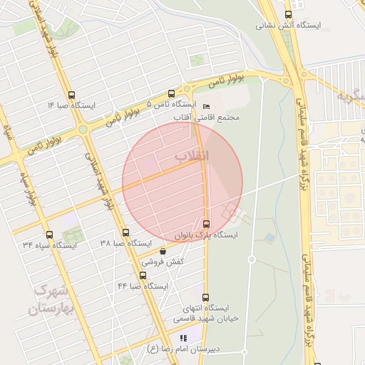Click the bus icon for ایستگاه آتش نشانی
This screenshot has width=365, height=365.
pyautogui.click(x=288, y=14)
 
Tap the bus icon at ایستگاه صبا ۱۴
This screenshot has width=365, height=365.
pyautogui.click(x=70, y=95)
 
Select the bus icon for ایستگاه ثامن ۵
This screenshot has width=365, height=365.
pyautogui.click(x=170, y=93)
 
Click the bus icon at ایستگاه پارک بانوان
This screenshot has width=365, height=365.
pyautogui.click(x=207, y=223)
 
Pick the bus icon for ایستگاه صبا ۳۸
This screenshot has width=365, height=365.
pyautogui.click(x=125, y=232)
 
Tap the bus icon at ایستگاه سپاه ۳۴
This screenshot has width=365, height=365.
pyautogui.click(x=49, y=235)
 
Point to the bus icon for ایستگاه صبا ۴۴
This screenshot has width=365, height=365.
pyautogui.click(x=143, y=275)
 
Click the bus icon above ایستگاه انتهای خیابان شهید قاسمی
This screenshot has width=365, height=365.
pyautogui.click(x=205, y=297)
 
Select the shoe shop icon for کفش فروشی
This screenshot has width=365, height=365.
pyautogui.click(x=163, y=251)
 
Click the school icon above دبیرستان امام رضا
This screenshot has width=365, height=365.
pyautogui.click(x=183, y=338)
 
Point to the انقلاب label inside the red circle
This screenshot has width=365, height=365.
pyautogui.click(x=192, y=155)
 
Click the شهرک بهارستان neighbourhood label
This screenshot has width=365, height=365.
pyautogui.click(x=49, y=300)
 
